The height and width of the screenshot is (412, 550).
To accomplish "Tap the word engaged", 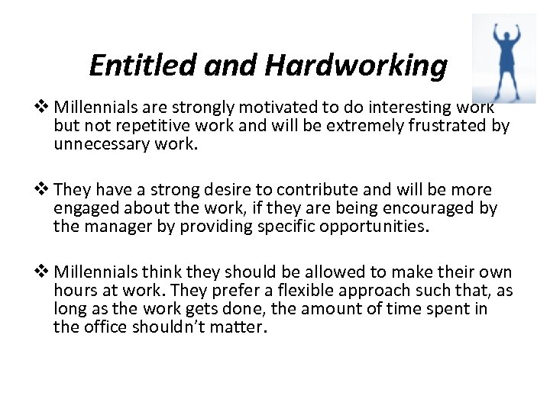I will pyautogui.click(x=85, y=208).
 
